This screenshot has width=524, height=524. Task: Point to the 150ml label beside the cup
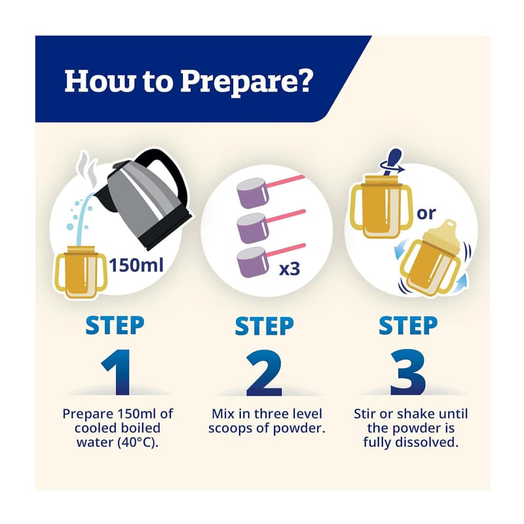[136, 265]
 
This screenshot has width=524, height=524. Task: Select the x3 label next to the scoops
[290, 269]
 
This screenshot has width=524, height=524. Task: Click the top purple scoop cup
[252, 192]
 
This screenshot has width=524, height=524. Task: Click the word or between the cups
[426, 214]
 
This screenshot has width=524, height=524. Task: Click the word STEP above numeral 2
[264, 326]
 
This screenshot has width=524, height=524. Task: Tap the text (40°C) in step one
[138, 443]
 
